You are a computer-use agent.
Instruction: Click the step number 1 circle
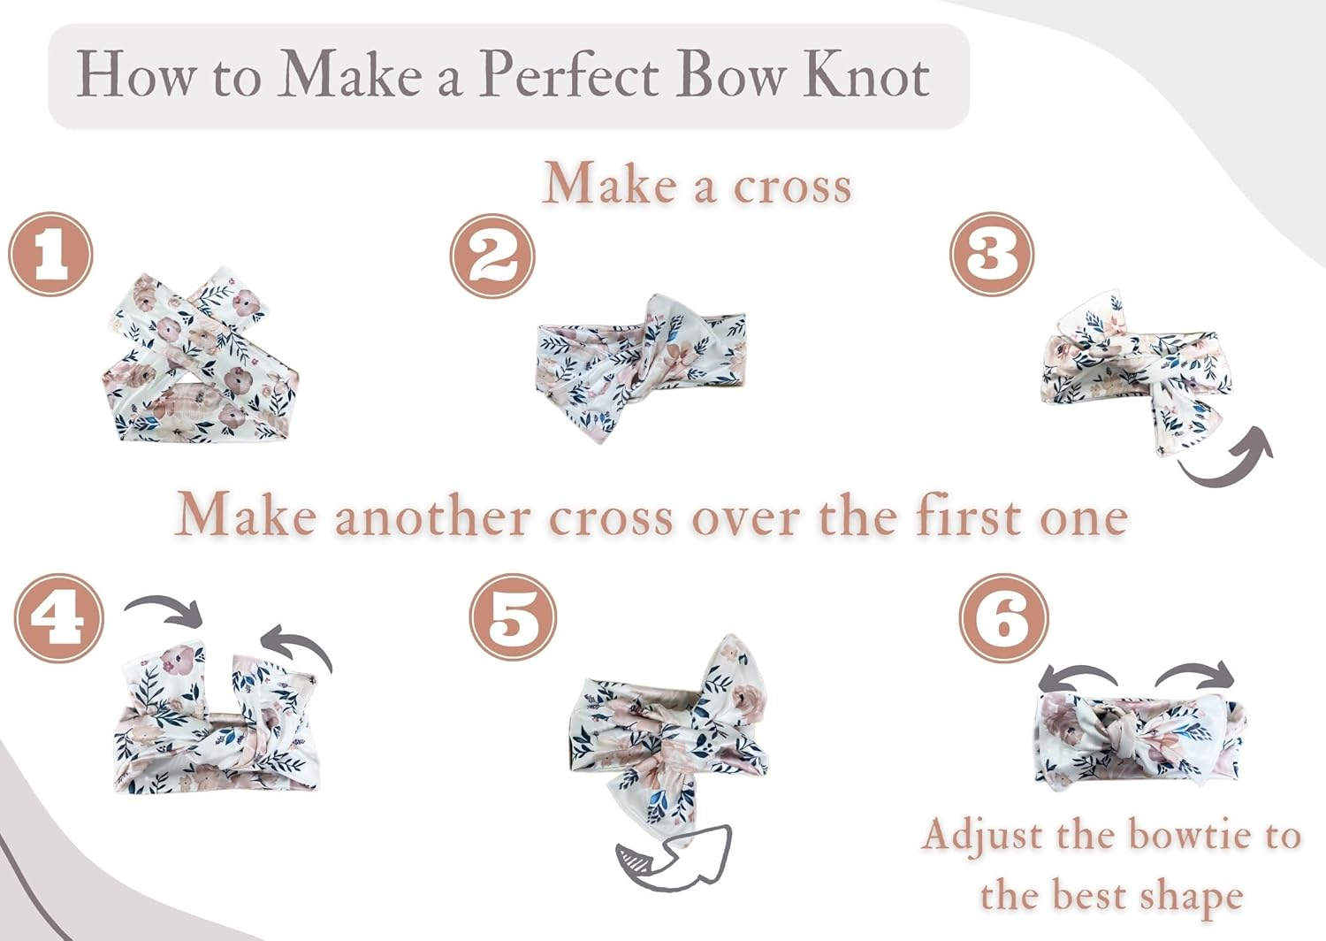point(50,254)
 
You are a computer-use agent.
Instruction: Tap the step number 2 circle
point(492,256)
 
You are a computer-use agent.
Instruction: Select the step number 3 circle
point(992,254)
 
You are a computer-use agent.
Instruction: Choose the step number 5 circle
point(513,617)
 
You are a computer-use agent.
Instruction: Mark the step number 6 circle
point(1003,618)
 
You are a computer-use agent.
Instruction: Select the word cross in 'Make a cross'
point(792,186)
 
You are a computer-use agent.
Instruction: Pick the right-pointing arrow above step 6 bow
point(1196,675)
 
